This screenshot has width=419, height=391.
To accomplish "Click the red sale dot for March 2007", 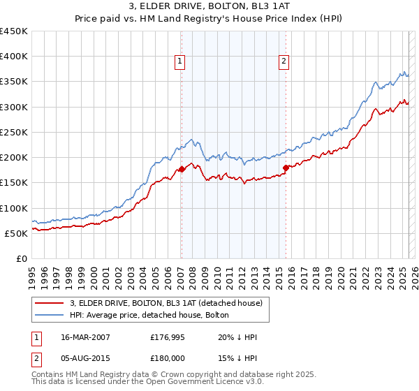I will tap(182, 169).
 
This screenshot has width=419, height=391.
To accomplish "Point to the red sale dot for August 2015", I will tap(286, 167).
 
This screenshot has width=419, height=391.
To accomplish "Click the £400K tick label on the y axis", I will tap(14, 57).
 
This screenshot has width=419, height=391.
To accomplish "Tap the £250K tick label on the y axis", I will tap(14, 132).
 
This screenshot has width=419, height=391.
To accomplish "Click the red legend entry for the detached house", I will tap(166, 303).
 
